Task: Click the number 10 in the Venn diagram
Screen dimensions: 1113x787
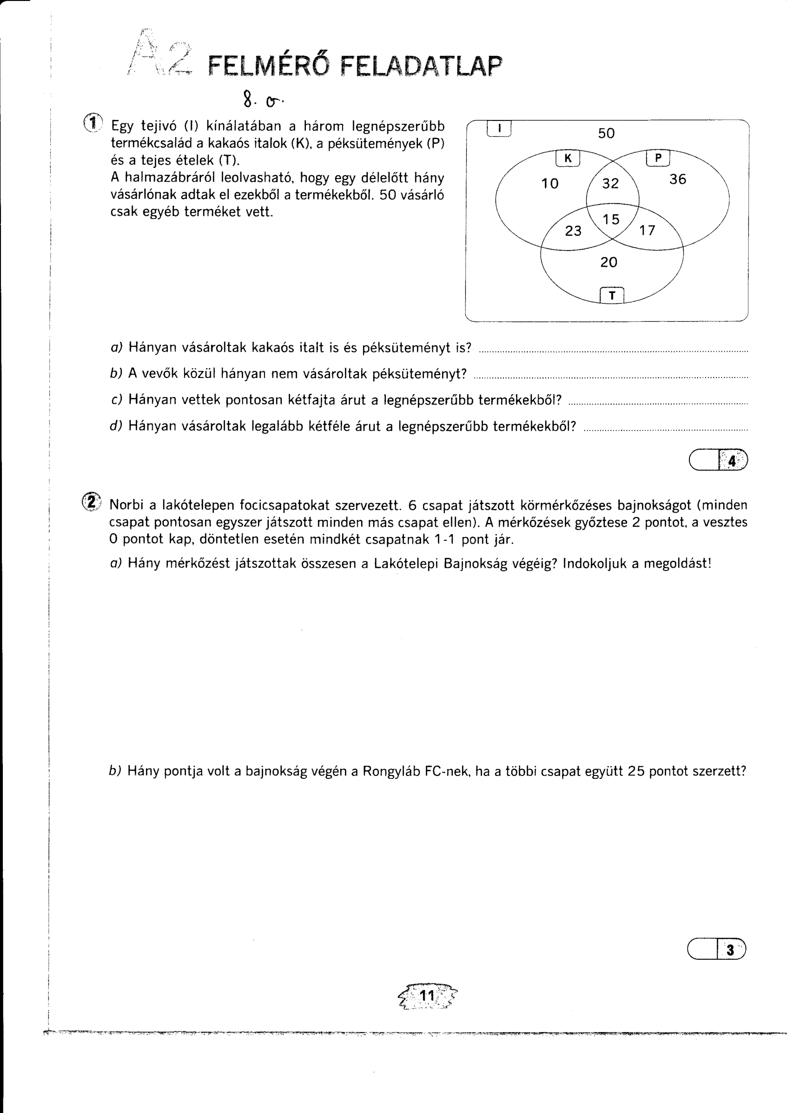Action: pos(550,183)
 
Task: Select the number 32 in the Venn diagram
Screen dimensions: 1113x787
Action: pos(610,183)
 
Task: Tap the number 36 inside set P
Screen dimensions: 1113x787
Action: pos(678,179)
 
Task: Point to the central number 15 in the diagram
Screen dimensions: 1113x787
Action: pos(611,219)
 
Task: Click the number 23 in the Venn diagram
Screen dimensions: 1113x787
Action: pos(573,231)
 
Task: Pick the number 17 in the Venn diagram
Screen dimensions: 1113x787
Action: pos(648,230)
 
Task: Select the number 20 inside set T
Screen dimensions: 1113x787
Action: pos(609,262)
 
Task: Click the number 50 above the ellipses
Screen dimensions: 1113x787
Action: pos(606,133)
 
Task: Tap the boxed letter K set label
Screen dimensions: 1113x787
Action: pos(568,158)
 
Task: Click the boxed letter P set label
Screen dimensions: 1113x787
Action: pos(658,158)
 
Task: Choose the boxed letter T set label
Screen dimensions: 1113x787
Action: pos(611,295)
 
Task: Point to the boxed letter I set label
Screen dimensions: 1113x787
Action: pos(499,129)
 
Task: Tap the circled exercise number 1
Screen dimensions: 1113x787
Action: pos(93,123)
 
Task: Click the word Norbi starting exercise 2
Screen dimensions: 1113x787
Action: pos(127,505)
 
